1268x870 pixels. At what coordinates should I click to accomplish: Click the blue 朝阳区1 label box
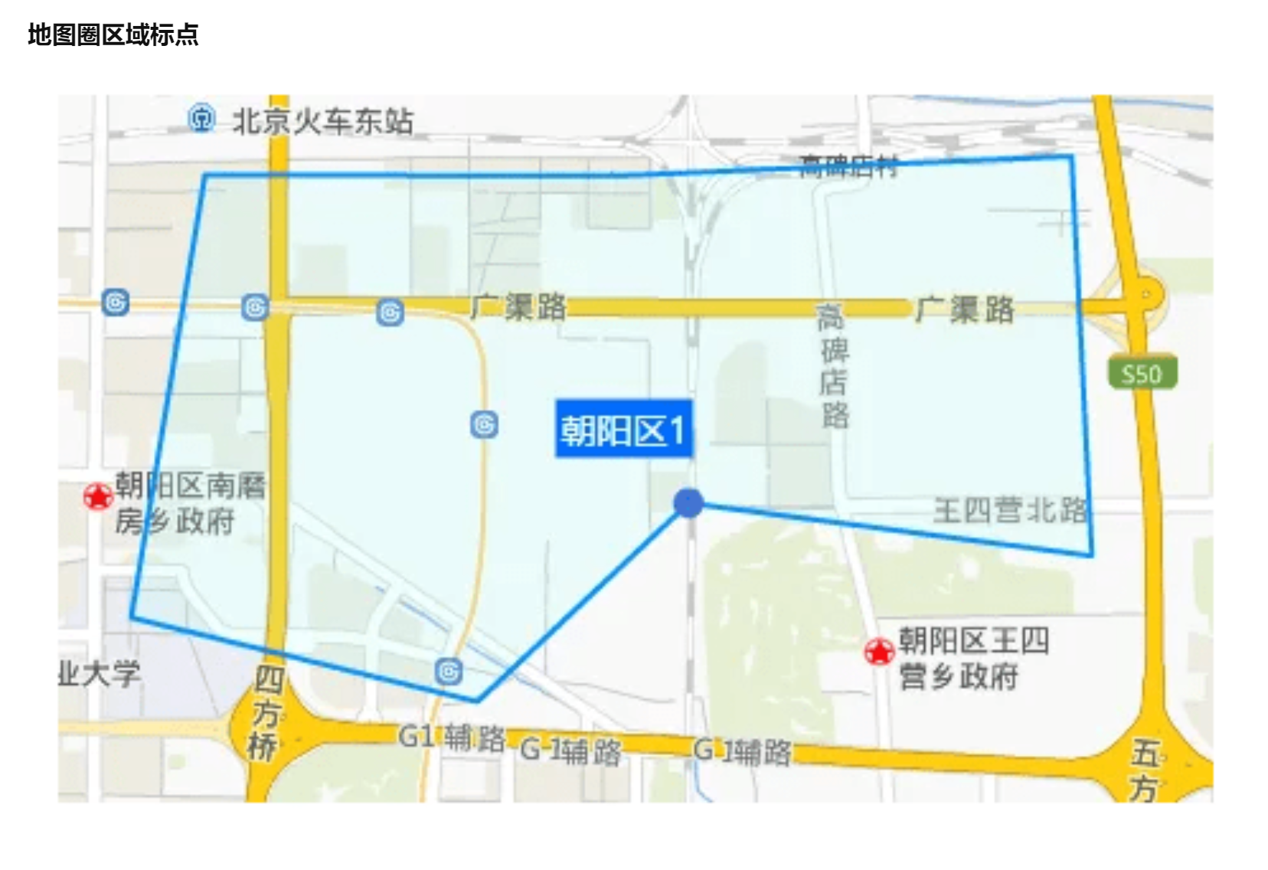point(623,430)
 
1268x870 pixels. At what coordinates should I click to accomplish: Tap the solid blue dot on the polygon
point(688,503)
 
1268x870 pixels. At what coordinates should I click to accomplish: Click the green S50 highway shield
point(1142,374)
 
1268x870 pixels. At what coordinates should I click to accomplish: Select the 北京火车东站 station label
point(322,121)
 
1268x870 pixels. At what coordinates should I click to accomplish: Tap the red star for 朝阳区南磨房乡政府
point(98,496)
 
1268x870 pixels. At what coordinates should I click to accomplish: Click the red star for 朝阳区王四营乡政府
point(879,652)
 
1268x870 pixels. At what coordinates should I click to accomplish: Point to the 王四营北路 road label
point(1010,509)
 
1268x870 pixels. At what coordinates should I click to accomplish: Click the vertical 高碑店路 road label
point(833,365)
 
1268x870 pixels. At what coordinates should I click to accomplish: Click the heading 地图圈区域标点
point(113,34)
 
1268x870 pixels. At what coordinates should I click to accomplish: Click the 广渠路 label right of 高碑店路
point(965,309)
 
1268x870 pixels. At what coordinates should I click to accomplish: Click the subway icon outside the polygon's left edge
point(116,303)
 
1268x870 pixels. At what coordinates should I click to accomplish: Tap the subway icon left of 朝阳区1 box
point(484,424)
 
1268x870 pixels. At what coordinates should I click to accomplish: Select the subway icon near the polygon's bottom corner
point(449,672)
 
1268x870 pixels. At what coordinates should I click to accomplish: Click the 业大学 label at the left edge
point(100,674)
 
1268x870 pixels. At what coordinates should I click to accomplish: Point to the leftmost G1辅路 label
point(452,738)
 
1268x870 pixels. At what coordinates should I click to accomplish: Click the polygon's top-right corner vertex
point(1070,157)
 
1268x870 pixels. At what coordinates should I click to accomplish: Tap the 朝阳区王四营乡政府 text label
point(972,658)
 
